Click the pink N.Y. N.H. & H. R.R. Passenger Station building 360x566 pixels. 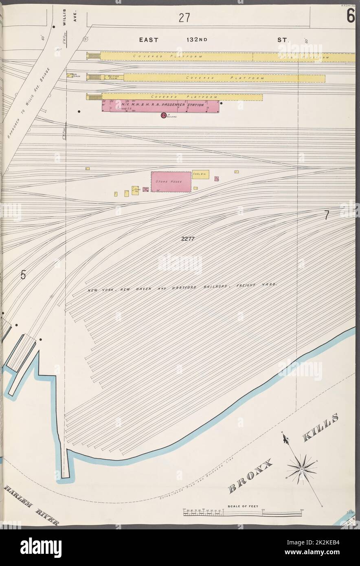[x=160, y=105]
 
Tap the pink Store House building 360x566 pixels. [x=171, y=181]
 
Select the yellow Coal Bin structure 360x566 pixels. [x=200, y=174]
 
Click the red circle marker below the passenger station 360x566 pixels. [x=162, y=116]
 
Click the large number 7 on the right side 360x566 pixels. [x=326, y=216]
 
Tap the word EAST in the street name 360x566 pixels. [x=149, y=40]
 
